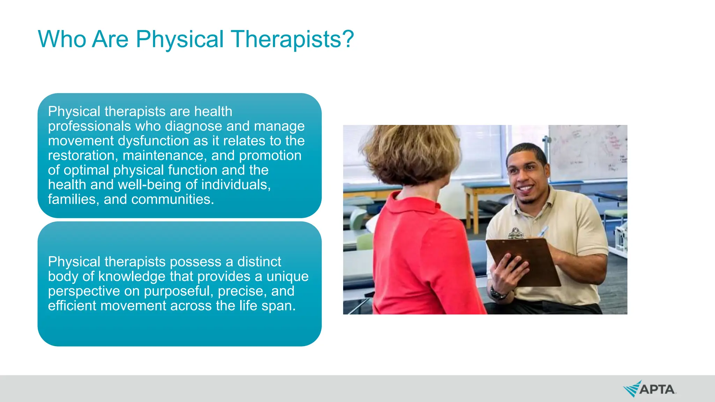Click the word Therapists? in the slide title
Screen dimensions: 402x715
pos(293,39)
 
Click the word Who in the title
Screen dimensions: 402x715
pos(62,39)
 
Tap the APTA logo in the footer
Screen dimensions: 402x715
pos(650,389)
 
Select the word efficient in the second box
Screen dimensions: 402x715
pos(72,306)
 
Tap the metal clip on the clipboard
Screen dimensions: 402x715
pos(516,233)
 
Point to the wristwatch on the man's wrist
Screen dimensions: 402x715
pos(497,293)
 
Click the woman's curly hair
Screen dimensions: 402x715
pos(412,154)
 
